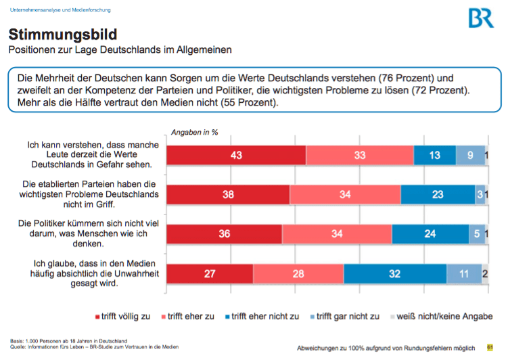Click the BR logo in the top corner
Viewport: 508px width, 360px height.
pyautogui.click(x=481, y=18)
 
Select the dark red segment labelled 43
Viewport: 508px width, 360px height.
pyautogui.click(x=236, y=156)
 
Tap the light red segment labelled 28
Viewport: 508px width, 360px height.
pyautogui.click(x=298, y=274)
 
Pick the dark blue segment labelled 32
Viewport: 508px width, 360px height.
pyautogui.click(x=394, y=274)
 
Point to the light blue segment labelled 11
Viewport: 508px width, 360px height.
pyautogui.click(x=463, y=274)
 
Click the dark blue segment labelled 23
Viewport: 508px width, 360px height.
pyautogui.click(x=438, y=195)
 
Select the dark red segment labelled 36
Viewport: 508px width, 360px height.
pyautogui.click(x=225, y=234)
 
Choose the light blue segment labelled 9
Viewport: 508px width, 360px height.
pyautogui.click(x=469, y=156)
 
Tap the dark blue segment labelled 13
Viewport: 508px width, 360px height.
pyautogui.click(x=434, y=156)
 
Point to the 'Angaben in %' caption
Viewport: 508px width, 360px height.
pyautogui.click(x=194, y=133)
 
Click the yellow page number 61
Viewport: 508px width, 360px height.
pyautogui.click(x=490, y=347)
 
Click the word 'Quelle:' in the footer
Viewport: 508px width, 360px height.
pyautogui.click(x=19, y=346)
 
